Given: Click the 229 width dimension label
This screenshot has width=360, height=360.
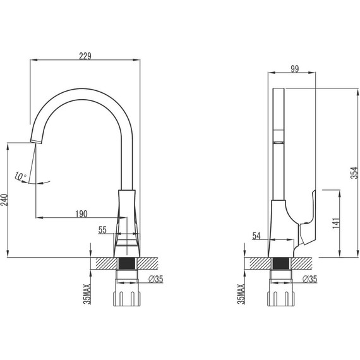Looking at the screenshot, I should (85, 56).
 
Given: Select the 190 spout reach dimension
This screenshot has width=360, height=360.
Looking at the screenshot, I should (81, 213).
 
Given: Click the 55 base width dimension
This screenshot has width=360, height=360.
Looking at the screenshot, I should (102, 231).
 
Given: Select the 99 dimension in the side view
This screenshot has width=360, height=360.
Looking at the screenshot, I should (294, 68).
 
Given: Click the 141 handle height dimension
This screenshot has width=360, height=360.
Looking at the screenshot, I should (337, 223).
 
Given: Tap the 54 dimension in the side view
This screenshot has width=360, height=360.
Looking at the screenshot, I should (256, 236).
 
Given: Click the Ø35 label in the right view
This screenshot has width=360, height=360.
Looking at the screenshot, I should (310, 279).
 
